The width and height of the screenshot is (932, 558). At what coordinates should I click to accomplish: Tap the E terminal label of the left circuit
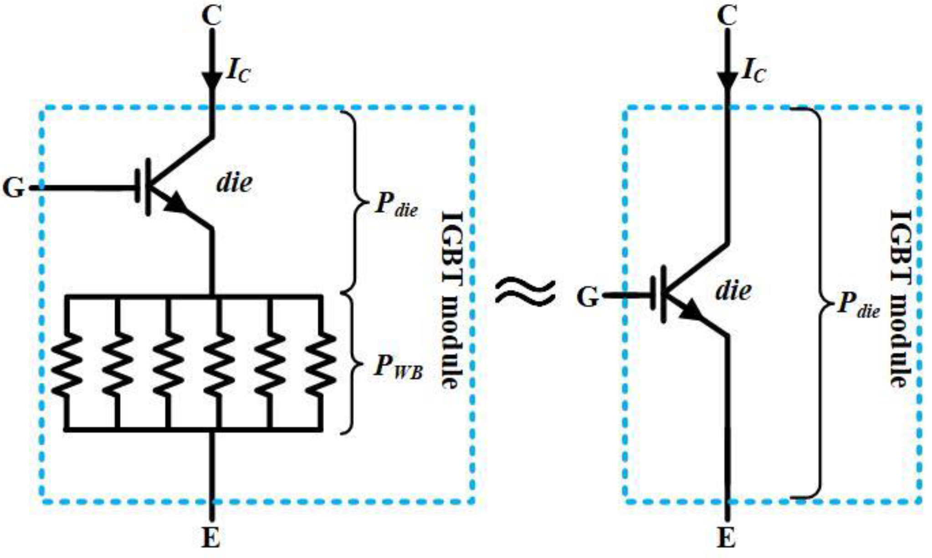click(211, 539)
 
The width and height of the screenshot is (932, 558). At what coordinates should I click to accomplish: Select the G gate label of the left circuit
click(14, 188)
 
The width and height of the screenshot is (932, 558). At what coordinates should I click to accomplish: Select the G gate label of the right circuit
click(588, 297)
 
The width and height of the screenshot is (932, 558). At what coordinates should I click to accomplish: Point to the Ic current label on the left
click(238, 72)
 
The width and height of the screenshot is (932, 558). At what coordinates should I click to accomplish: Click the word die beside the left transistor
click(234, 183)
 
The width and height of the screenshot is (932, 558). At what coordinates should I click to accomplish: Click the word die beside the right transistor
click(733, 290)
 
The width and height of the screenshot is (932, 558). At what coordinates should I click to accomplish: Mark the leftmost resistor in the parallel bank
click(67, 364)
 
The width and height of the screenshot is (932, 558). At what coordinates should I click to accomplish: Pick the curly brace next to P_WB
click(353, 364)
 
